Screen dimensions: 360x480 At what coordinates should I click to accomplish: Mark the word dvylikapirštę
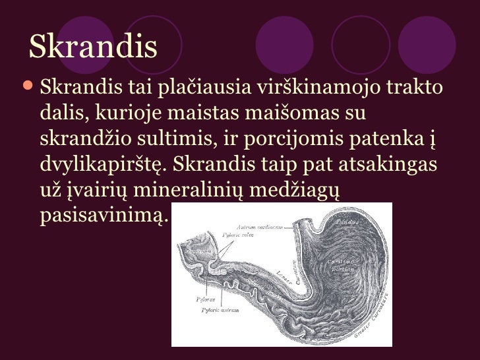coord(109,165)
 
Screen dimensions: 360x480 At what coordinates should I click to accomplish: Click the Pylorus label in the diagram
coord(205,298)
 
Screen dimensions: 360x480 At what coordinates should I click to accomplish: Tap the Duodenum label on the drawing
coord(196,251)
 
